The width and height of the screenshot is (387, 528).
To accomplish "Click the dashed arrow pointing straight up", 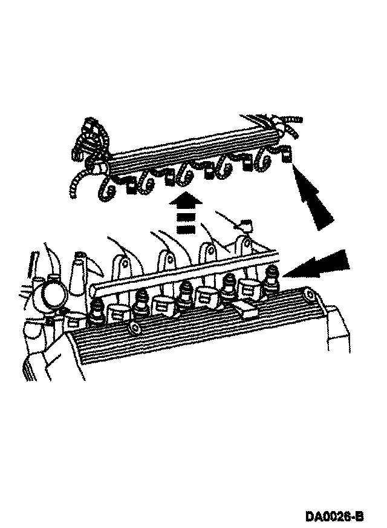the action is (x=186, y=215).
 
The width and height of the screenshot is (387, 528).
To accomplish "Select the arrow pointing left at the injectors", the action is (x=317, y=265).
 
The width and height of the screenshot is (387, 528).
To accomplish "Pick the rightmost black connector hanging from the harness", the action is (x=286, y=157).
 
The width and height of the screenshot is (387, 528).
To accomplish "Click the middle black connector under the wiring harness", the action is (x=209, y=173).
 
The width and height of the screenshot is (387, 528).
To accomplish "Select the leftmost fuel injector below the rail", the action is (x=96, y=311).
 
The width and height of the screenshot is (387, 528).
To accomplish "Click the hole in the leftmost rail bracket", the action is (x=123, y=267).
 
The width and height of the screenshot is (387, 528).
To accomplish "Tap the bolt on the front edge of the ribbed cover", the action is (x=134, y=328).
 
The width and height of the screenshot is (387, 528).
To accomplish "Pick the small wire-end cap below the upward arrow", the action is (x=246, y=225).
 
